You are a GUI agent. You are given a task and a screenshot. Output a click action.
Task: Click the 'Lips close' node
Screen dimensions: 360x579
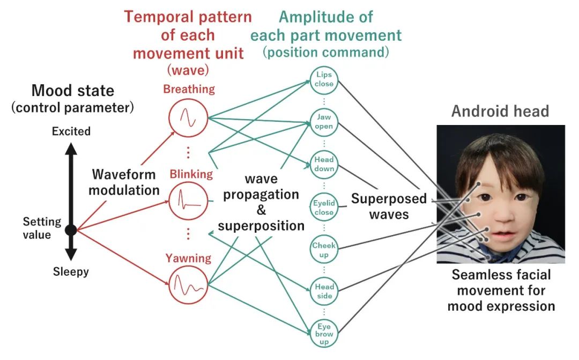[x=324, y=79]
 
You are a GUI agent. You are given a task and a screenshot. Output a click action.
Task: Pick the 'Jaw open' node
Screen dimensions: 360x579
[x=324, y=122]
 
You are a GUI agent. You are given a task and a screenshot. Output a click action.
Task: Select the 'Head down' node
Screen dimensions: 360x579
[x=324, y=164]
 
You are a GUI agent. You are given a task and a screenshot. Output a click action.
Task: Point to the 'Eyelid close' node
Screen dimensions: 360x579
[x=324, y=207]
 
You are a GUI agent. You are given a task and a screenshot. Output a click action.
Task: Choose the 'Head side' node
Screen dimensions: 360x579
[x=324, y=291]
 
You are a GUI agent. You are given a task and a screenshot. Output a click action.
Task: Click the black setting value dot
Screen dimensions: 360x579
[x=71, y=230]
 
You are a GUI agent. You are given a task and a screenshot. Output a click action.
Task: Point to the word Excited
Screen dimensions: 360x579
[x=71, y=131]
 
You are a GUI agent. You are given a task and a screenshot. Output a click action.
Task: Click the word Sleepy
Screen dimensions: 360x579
[x=71, y=272]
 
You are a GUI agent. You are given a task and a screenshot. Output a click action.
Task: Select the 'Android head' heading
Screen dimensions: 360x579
[x=500, y=111]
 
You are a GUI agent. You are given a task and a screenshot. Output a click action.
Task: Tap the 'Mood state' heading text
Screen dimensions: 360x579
[x=73, y=90]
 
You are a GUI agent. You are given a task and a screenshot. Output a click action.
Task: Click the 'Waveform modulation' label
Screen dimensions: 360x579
[x=124, y=182]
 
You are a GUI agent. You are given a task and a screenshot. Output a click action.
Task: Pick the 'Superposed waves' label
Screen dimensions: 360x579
[x=389, y=207]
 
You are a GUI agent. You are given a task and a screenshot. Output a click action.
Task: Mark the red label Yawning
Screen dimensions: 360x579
[x=188, y=259]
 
